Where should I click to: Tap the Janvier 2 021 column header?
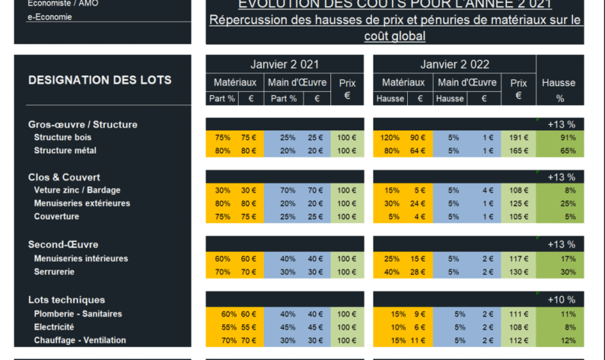click(x=284, y=65)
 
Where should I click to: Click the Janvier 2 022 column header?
click(x=454, y=65)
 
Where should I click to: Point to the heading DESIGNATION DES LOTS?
click(x=100, y=80)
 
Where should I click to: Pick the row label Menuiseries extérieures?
click(x=82, y=203)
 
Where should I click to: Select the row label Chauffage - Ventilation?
click(x=80, y=340)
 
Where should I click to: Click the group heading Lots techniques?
click(x=66, y=300)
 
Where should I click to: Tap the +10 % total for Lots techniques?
click(x=561, y=300)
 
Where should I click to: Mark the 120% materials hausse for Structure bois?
click(x=390, y=137)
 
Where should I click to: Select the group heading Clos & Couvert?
click(x=64, y=177)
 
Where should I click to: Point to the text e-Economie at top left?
click(x=49, y=17)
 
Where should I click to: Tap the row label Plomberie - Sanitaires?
click(x=77, y=314)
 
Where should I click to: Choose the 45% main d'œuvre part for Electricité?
click(x=288, y=327)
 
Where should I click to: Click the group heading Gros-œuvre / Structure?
click(x=82, y=124)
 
